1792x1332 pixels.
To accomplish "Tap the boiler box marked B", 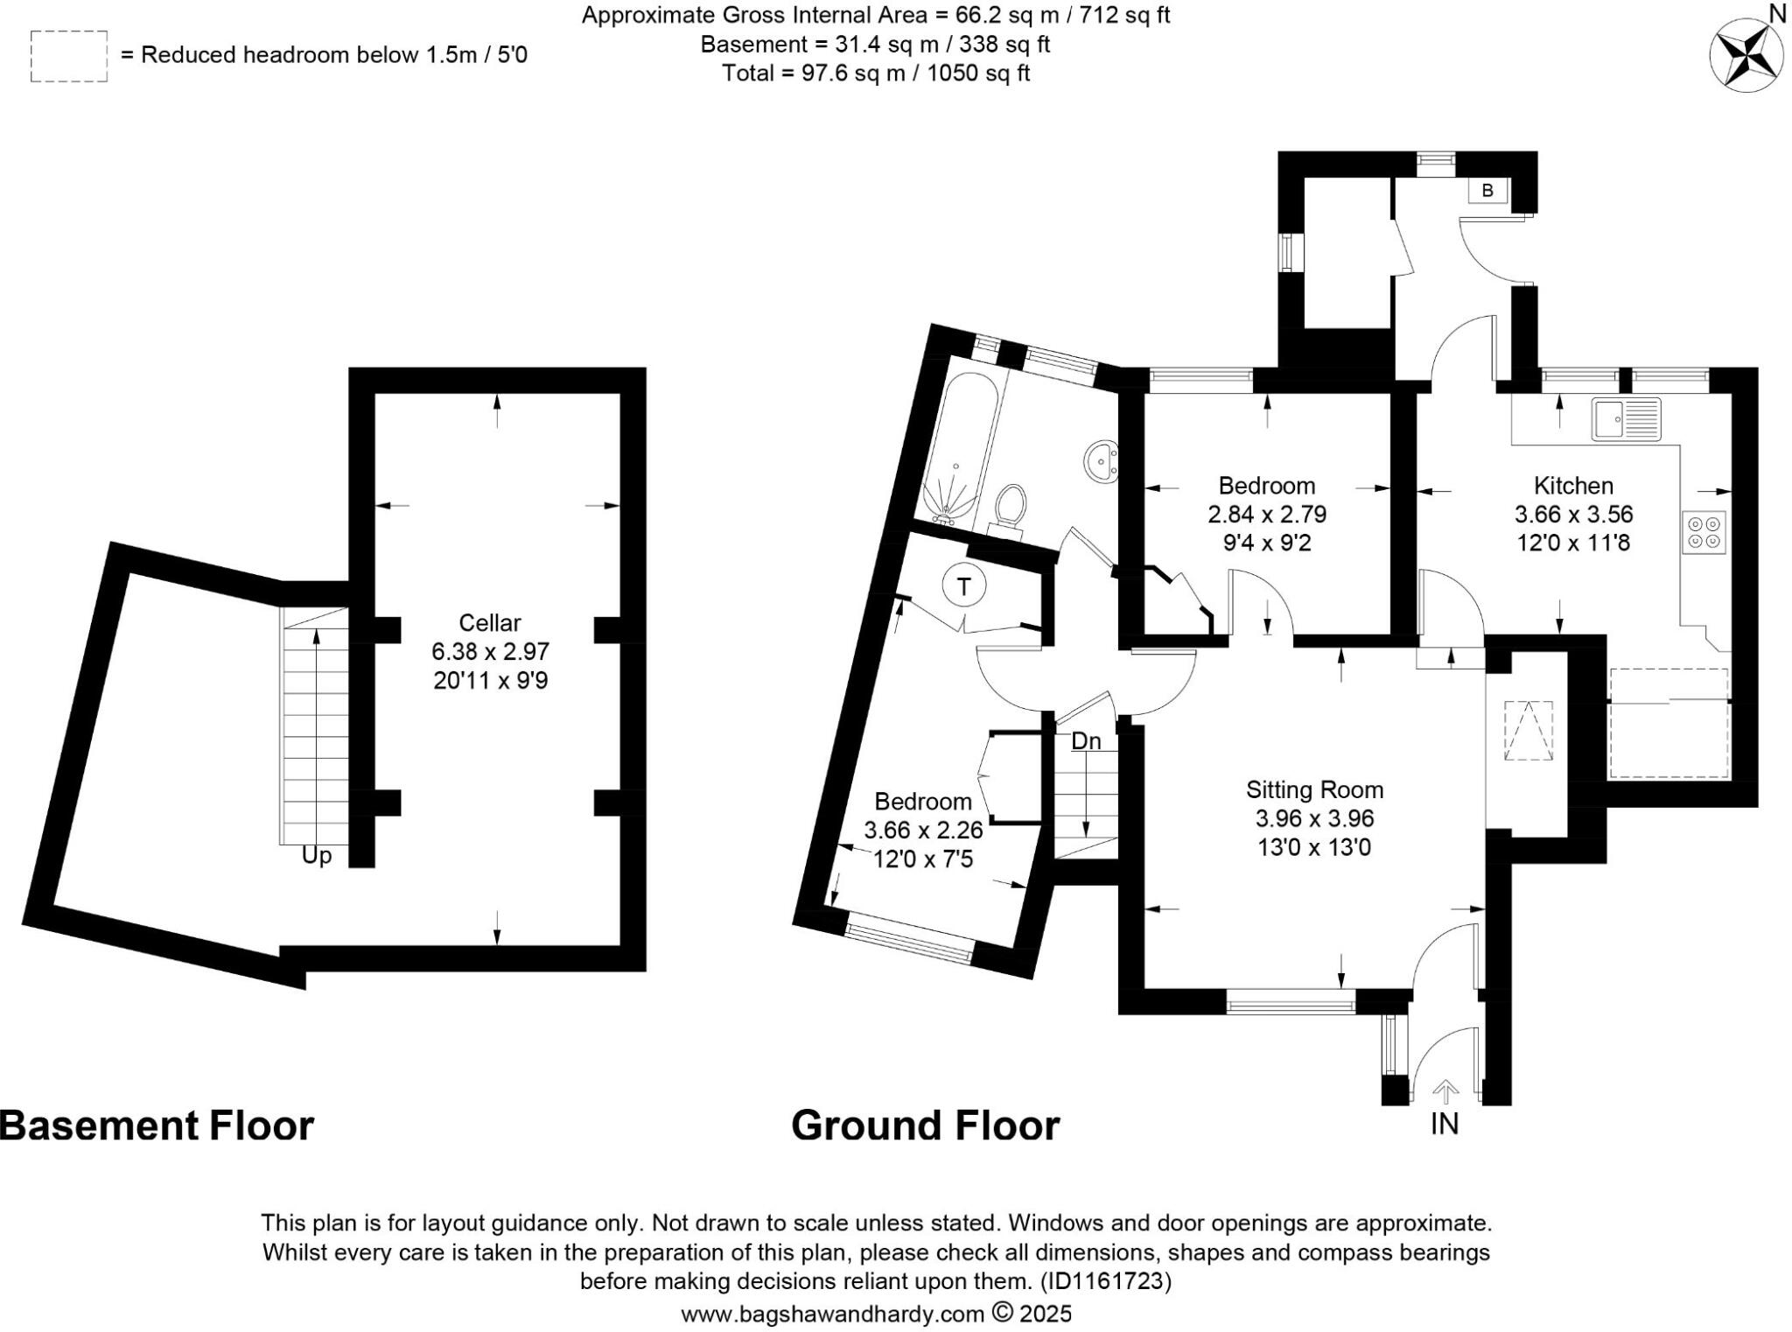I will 1487,191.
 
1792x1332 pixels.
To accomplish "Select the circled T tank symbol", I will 964,587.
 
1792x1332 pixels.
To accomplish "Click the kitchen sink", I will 1626,419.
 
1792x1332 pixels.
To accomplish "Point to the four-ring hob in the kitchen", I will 1704,532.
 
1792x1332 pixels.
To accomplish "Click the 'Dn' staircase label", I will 1086,741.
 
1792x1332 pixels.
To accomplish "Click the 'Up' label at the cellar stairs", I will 317,855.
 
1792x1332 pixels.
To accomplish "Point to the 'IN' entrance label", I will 1445,1124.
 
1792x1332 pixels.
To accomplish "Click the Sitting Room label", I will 1314,790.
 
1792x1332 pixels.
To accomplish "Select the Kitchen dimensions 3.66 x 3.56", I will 1573,515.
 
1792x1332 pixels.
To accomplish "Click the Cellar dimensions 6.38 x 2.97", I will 490,651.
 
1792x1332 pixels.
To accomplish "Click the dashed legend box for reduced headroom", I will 69,57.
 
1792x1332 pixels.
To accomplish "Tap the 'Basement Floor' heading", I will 157,1125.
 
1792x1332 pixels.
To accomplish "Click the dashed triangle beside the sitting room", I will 1529,731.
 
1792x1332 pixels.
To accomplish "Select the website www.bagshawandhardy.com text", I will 833,1314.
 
